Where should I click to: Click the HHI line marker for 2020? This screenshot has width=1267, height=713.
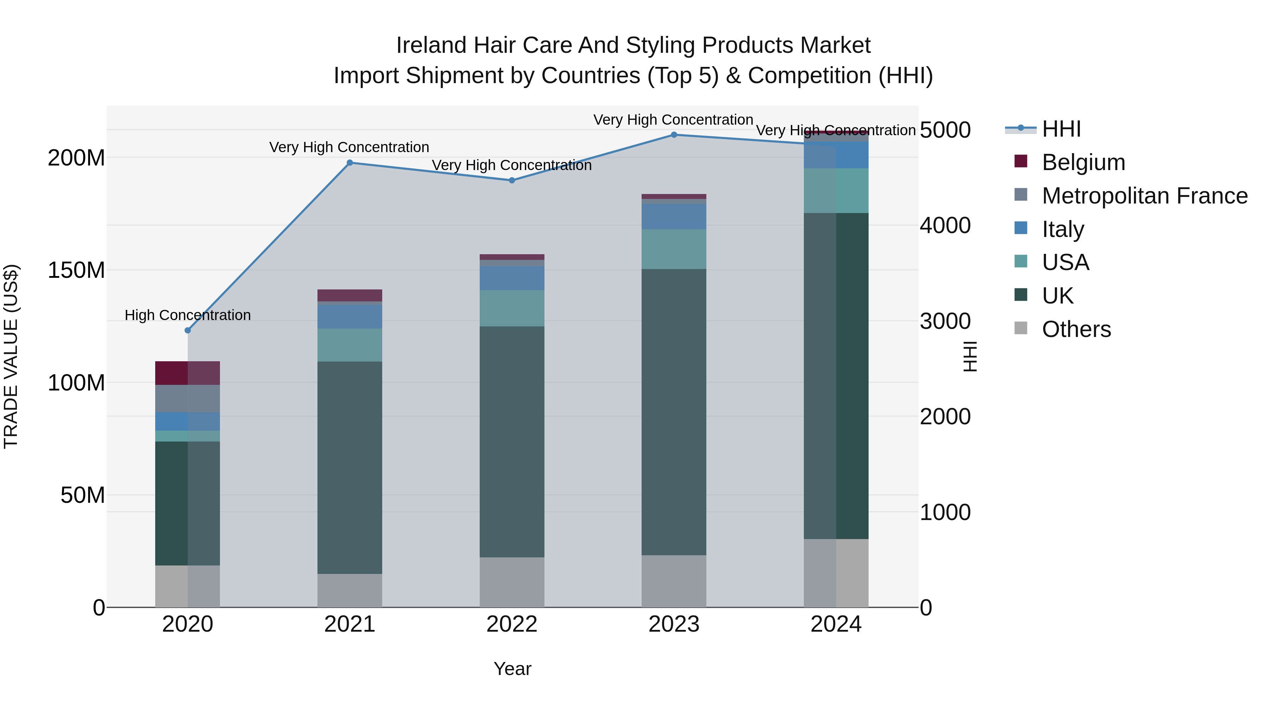(187, 330)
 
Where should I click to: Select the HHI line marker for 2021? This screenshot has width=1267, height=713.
(350, 163)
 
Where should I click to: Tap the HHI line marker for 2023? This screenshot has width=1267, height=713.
(674, 135)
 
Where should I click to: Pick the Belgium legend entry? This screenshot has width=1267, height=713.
(1083, 162)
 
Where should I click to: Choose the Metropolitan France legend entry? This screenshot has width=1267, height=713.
(1144, 196)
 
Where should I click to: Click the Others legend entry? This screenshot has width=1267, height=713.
(1076, 329)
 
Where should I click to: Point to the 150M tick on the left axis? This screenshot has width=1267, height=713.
(76, 270)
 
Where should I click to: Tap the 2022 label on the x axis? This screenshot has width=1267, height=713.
(511, 624)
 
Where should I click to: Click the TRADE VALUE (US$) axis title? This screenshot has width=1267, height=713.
(11, 356)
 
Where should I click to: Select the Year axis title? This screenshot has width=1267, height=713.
(512, 669)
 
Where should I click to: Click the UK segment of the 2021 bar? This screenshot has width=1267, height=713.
(350, 468)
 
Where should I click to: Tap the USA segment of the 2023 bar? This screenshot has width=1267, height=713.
(674, 249)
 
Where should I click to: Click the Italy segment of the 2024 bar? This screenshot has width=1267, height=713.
(836, 155)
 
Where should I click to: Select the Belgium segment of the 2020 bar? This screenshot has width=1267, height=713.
(187, 373)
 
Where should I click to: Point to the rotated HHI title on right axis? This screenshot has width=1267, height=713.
(970, 356)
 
